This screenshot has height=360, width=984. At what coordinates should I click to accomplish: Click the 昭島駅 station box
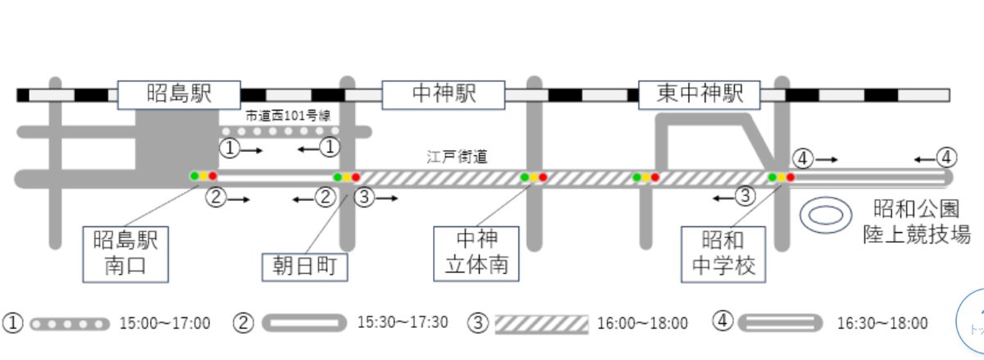click(179, 94)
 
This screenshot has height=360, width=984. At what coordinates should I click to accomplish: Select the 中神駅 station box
click(444, 94)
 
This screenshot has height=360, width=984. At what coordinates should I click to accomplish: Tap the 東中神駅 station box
click(699, 94)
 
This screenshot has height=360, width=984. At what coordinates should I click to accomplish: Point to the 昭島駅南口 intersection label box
click(125, 254)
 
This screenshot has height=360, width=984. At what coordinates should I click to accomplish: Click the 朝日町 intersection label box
click(305, 267)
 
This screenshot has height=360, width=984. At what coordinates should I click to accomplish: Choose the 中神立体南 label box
click(476, 253)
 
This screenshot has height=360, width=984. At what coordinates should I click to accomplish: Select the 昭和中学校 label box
click(723, 254)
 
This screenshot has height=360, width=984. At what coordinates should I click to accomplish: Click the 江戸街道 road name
click(457, 157)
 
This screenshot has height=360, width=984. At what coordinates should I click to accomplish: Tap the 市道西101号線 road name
click(288, 116)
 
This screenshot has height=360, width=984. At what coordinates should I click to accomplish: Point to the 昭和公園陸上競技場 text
click(917, 222)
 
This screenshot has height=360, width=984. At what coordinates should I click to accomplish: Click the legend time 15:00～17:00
click(165, 324)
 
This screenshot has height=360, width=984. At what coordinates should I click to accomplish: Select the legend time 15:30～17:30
click(403, 322)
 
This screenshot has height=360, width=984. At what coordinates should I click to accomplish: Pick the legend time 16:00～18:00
click(642, 324)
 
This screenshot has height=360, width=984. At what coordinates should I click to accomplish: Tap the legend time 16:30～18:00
click(882, 324)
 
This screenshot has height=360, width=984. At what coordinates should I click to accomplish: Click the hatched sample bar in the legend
click(542, 325)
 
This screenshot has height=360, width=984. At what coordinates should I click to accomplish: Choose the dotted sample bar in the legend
click(70, 325)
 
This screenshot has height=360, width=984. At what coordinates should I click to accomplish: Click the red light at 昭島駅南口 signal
click(213, 176)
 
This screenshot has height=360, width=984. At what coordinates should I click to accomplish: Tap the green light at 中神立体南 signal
click(525, 177)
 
